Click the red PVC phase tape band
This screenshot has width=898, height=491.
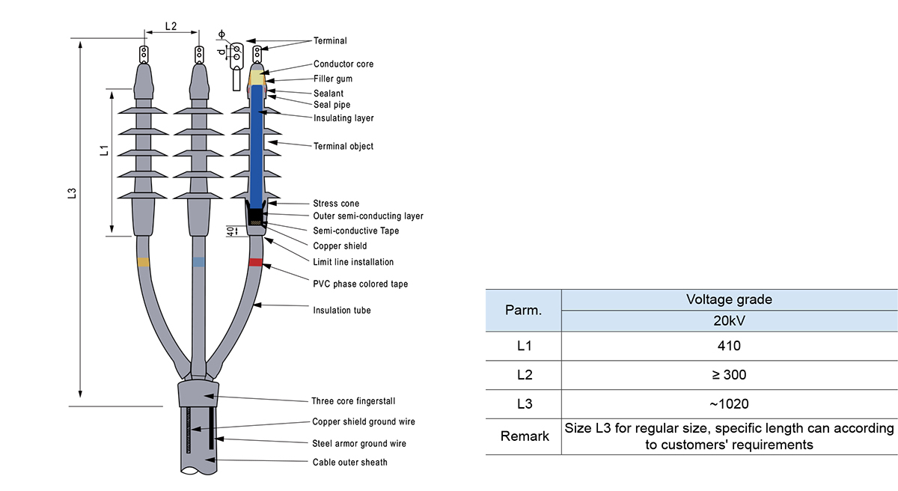tap(256, 263)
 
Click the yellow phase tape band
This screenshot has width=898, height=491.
tap(143, 262)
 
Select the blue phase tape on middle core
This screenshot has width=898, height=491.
tap(198, 262)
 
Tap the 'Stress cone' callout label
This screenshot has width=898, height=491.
tap(336, 204)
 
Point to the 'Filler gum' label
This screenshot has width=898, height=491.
tap(333, 79)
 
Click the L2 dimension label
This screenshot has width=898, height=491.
tap(171, 26)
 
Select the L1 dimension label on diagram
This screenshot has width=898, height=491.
tap(104, 150)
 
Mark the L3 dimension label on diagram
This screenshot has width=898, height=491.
tap(72, 193)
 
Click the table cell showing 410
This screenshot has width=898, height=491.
tap(728, 346)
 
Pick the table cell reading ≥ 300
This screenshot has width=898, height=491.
tap(728, 375)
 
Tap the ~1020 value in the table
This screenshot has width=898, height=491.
tap(728, 404)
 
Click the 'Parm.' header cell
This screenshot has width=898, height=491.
tap(523, 310)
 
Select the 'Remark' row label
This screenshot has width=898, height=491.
tap(523, 436)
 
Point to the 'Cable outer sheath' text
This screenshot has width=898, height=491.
tap(350, 463)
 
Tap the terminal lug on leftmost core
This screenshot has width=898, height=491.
tap(144, 55)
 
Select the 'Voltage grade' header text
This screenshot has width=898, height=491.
tap(728, 299)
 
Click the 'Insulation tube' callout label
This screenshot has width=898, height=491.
tap(342, 310)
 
